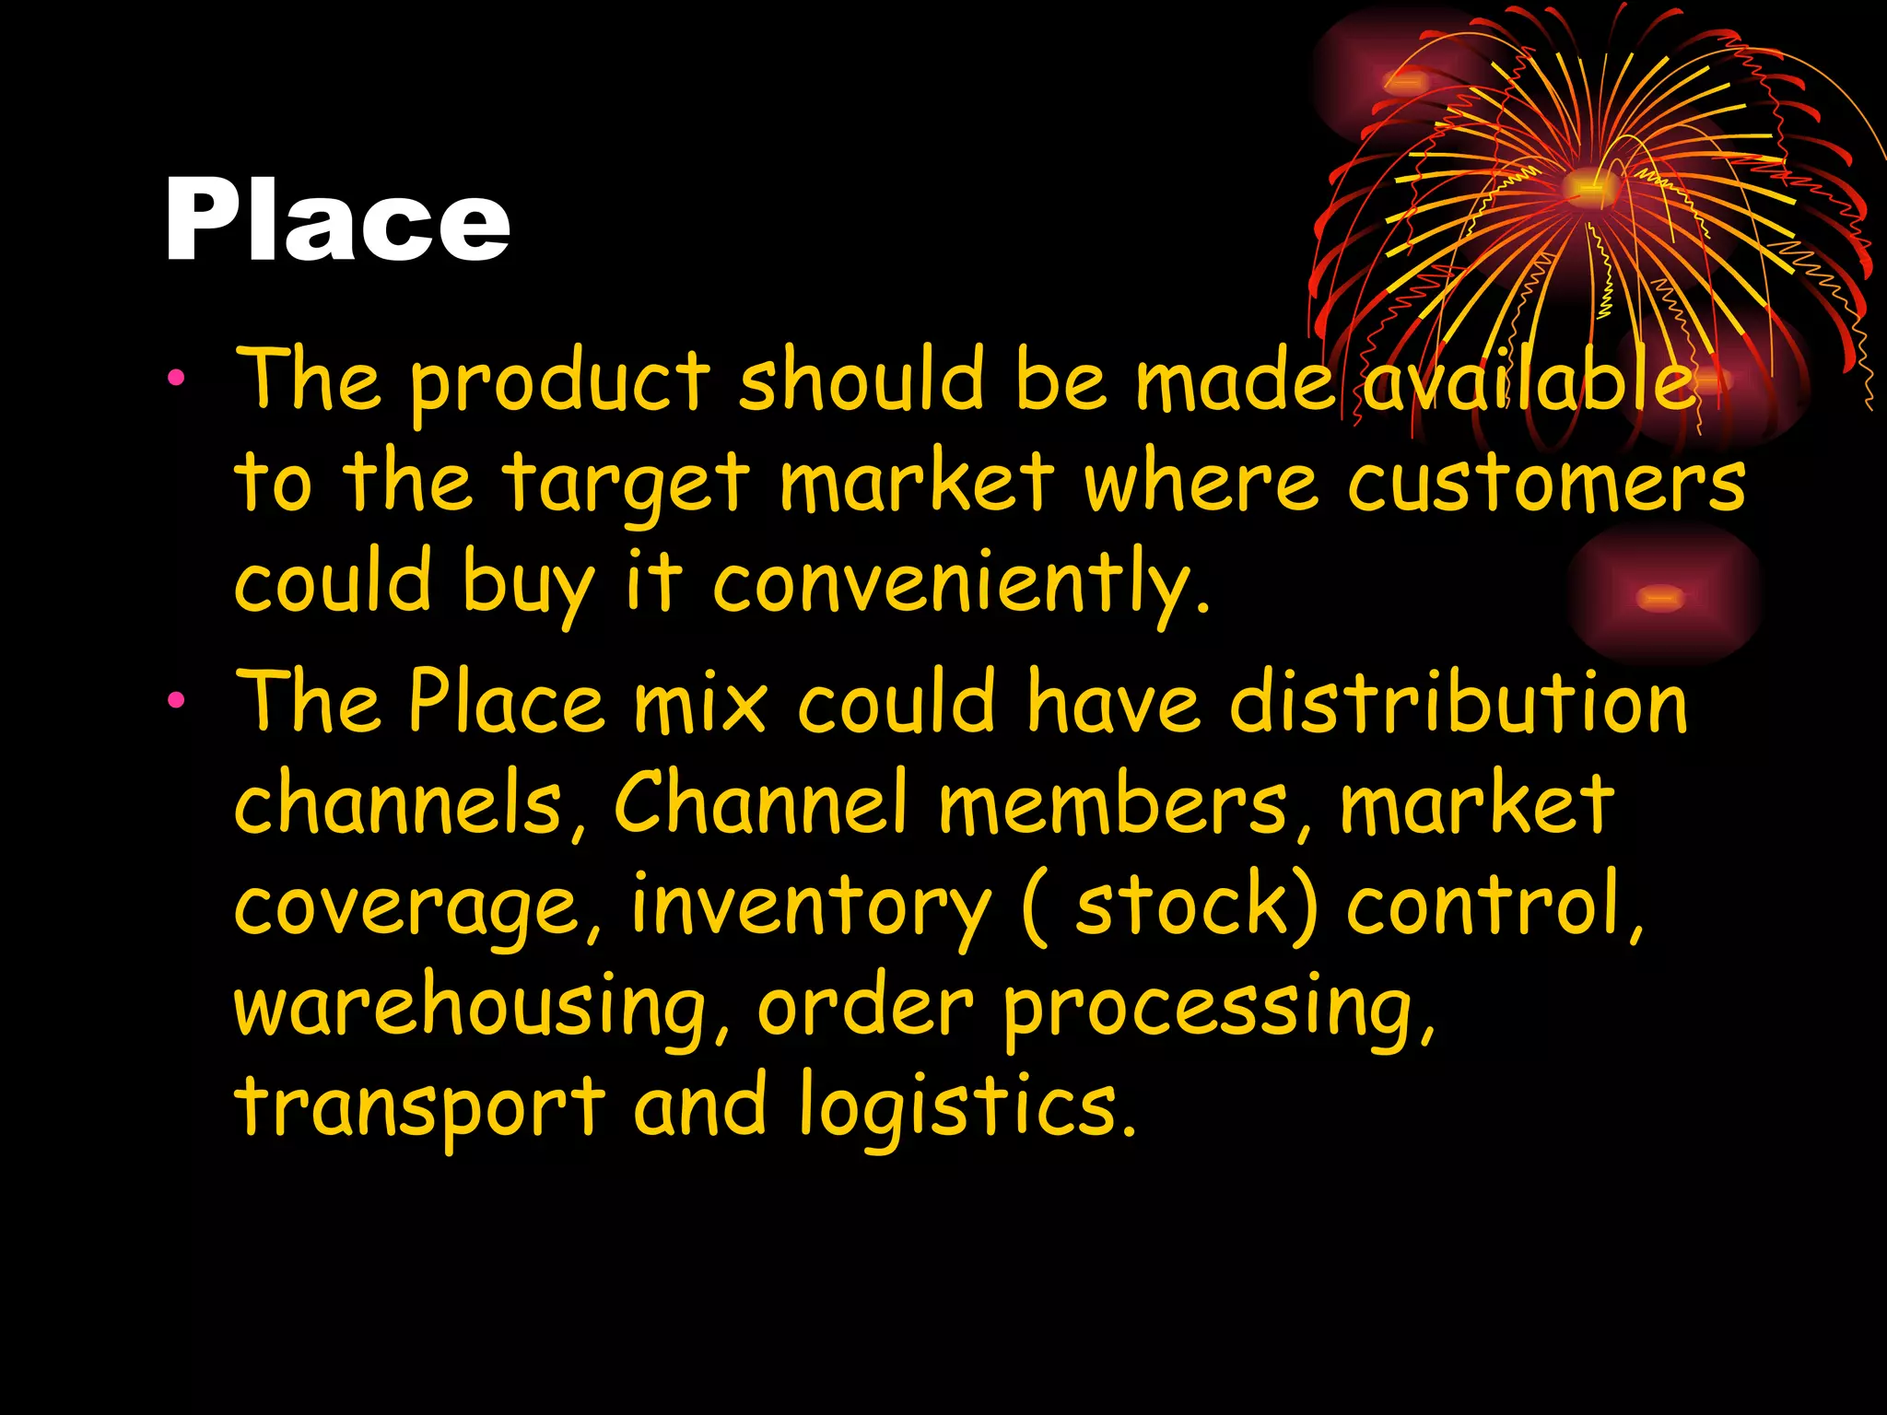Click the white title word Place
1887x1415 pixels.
(x=336, y=221)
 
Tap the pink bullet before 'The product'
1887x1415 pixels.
(x=176, y=377)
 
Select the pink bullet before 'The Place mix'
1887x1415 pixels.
(x=176, y=700)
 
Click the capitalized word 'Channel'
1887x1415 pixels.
(x=760, y=801)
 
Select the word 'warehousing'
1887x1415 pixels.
(x=470, y=1007)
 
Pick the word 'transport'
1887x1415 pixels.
(x=420, y=1108)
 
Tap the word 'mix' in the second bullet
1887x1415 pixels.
(x=700, y=702)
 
